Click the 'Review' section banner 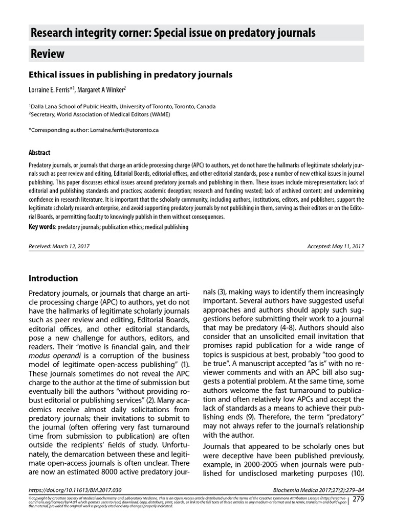tap(47, 54)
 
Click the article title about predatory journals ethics tap(130, 75)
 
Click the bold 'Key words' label tap(42, 226)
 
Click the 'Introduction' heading tap(53, 278)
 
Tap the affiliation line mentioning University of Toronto tap(122, 107)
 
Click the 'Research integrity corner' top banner tap(173, 34)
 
